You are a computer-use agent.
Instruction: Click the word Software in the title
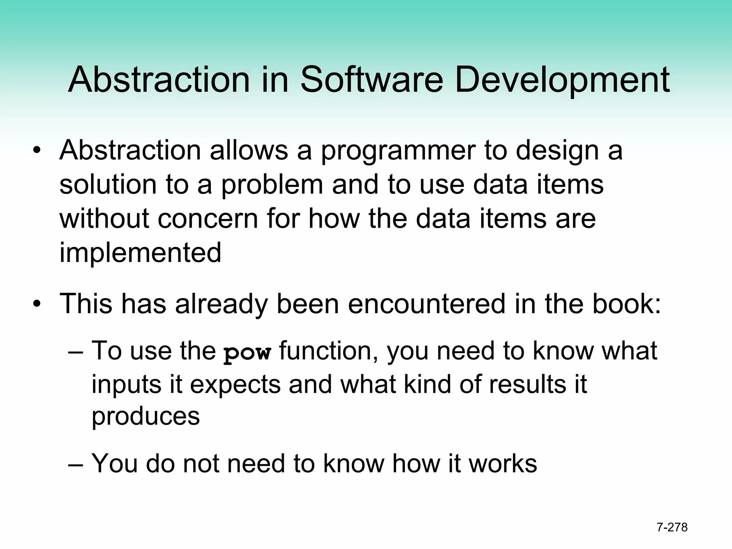(x=372, y=79)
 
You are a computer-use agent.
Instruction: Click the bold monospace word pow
(x=247, y=353)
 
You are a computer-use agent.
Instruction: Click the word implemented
(x=140, y=252)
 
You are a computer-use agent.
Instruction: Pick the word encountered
(x=427, y=304)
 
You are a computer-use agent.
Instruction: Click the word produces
(x=145, y=416)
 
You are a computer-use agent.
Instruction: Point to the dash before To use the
(x=75, y=352)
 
